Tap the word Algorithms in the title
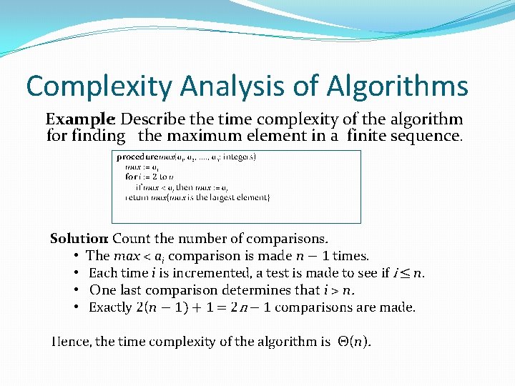coord(398,86)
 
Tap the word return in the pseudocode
coord(137,197)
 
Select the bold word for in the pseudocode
coord(131,177)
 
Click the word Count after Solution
coord(130,239)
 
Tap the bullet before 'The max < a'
coord(76,256)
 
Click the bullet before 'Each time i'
coord(76,273)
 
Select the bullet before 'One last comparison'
coord(76,290)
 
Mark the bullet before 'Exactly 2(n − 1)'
coord(76,307)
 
